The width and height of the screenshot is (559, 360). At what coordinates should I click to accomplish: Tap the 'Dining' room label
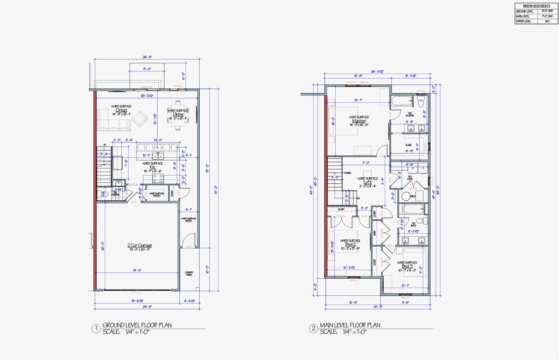(x=178, y=114)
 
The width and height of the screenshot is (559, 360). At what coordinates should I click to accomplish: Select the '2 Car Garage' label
(x=140, y=245)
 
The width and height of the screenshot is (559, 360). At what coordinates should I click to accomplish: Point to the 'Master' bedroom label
(x=359, y=121)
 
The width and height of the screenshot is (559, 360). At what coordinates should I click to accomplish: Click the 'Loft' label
(x=367, y=182)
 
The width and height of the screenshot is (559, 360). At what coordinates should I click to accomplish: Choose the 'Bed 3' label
(x=407, y=266)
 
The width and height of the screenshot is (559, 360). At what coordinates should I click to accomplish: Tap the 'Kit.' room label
(x=153, y=167)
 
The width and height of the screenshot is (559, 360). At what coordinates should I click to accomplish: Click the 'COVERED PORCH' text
(x=189, y=273)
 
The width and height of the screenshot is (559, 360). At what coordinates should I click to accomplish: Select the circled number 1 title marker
(x=96, y=329)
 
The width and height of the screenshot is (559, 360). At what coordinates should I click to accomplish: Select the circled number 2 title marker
(x=313, y=329)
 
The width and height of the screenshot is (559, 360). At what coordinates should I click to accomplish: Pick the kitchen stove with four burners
(x=157, y=178)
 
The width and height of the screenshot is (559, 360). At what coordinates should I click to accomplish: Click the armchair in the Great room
(x=140, y=118)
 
